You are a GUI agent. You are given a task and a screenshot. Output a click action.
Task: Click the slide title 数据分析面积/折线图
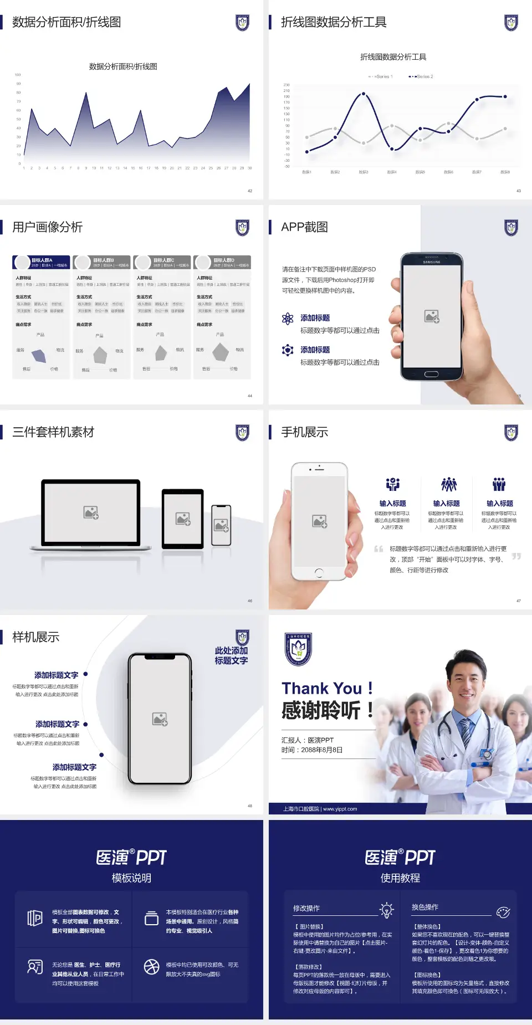[66, 22]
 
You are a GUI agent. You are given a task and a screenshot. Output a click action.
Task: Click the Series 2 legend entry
[422, 76]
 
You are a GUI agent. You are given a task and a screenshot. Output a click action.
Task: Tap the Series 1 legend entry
[381, 76]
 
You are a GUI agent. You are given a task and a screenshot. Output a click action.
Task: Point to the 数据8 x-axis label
[505, 172]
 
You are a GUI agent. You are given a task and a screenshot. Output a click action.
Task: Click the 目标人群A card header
[42, 262]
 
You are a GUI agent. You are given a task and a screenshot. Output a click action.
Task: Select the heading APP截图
[304, 227]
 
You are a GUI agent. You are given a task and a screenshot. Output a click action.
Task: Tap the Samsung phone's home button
[431, 374]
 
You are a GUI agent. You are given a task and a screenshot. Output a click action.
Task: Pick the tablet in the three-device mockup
[183, 519]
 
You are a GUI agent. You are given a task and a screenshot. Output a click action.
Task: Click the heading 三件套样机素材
[53, 432]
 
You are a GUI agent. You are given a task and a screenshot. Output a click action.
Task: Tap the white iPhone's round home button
[319, 572]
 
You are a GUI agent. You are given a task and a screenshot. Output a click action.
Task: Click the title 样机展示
[35, 637]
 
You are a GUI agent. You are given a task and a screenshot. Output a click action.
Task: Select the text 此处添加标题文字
[231, 655]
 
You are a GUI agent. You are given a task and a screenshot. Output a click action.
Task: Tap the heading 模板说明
[131, 878]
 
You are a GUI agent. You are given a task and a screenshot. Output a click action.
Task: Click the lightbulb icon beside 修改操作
[386, 909]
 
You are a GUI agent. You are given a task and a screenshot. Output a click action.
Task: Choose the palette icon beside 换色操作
[503, 913]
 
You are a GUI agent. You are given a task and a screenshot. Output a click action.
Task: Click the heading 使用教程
[400, 878]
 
